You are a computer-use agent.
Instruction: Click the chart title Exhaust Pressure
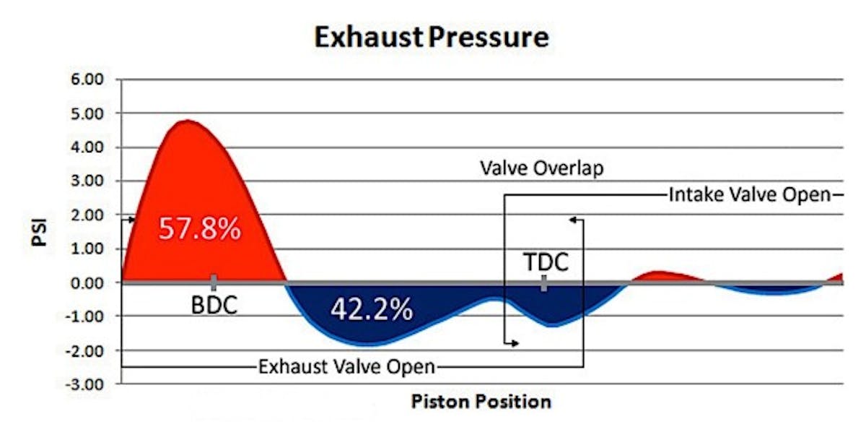pos(431,37)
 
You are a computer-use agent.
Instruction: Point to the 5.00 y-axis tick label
pos(88,113)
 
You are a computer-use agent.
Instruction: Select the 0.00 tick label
pos(88,282)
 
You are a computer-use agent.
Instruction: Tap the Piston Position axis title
pos(481,401)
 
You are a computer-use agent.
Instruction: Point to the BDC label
pos(214,306)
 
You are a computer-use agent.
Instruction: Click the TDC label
pos(546,261)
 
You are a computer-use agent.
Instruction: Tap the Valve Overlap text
pos(541,169)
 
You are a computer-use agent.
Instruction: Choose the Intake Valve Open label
pos(751,195)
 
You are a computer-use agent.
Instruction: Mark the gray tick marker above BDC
pos(214,282)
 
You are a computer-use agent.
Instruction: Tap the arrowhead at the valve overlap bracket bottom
pos(515,344)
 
